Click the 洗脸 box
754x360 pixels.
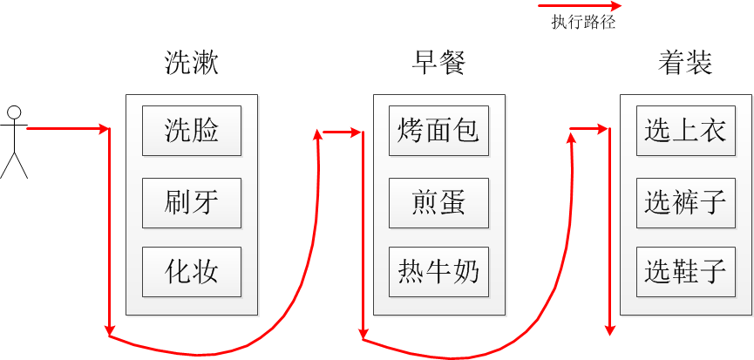pos(192,131)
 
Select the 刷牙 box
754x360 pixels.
pos(192,203)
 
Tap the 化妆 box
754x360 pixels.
pos(192,272)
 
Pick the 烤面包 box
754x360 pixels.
pos(438,131)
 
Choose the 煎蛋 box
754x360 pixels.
pos(438,203)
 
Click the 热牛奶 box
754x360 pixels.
pos(438,272)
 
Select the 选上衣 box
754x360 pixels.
pos(686,131)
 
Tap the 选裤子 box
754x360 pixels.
pos(686,203)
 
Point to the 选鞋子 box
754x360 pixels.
pos(686,272)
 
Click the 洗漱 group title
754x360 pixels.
pos(192,63)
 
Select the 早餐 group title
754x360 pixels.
pos(438,63)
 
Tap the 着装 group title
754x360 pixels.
pos(685,63)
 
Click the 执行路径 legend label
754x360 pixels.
pos(583,23)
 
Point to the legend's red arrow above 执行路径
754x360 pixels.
pos(580,6)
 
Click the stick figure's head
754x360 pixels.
pos(15,112)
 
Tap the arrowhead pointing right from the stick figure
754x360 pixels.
pos(105,129)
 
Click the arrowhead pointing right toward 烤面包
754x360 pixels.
pos(356,132)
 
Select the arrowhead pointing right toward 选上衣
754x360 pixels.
pos(603,129)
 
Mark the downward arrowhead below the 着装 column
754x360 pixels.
pos(610,330)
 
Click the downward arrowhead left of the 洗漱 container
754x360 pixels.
pos(110,330)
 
